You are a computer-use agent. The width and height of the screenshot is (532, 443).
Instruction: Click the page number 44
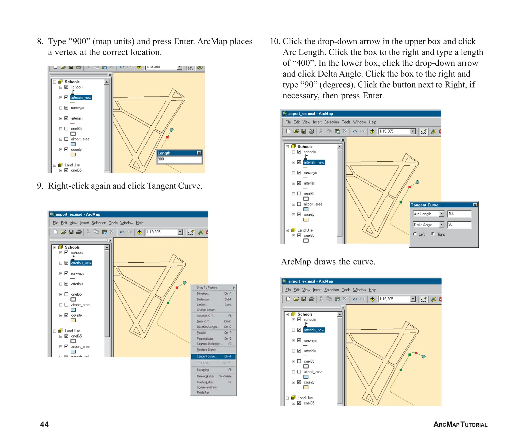pos(44,424)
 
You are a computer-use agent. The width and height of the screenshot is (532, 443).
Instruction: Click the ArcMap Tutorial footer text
pos(460,424)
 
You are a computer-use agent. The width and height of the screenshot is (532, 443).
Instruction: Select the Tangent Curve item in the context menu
pos(213,356)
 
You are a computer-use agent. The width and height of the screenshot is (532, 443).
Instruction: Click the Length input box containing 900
pos(179,159)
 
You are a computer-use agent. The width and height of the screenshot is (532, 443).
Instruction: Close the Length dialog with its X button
pos(199,153)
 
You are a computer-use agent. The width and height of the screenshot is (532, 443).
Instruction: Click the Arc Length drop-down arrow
pos(441,214)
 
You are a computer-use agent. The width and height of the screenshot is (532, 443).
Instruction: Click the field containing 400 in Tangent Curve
pos(459,214)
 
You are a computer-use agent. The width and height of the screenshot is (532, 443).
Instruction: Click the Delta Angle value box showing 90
pos(459,224)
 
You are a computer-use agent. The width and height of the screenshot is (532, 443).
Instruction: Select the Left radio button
pos(415,234)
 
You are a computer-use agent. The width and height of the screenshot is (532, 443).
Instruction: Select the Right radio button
pos(433,234)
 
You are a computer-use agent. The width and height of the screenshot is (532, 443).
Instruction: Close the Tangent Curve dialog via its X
pos(475,205)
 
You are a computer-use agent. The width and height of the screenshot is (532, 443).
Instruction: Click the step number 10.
pos(275,41)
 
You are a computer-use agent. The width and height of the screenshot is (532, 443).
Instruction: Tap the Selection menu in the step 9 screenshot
pos(99,223)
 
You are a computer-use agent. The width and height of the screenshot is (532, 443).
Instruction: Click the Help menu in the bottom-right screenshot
pos(372,290)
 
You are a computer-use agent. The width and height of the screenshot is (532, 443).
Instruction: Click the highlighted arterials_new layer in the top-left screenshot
pos(81,97)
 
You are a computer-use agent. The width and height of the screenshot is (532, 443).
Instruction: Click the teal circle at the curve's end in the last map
pos(423,357)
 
